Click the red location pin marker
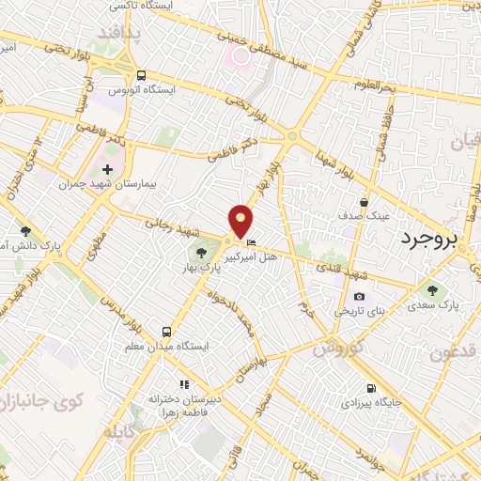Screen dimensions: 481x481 242,221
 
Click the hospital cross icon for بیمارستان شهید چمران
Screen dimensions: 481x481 108,169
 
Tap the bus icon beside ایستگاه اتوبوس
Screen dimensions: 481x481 140,75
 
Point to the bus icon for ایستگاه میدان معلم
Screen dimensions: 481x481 166,331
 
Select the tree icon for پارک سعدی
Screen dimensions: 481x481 432,289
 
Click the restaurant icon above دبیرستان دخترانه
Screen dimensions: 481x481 184,384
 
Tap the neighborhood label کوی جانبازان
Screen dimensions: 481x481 46,401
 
